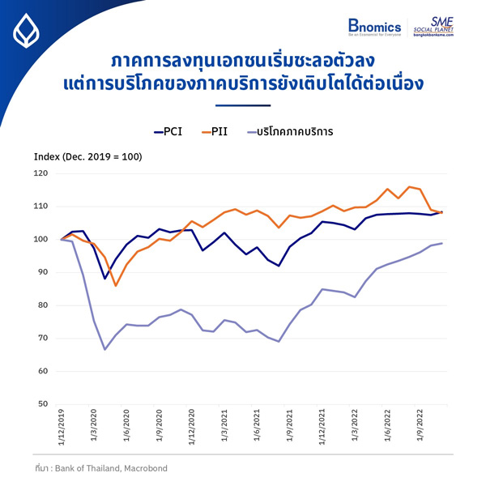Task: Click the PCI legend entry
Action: pos(168,130)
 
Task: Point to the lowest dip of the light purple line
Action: pos(104,349)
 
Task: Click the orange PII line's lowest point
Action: pos(116,285)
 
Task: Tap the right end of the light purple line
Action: pos(441,243)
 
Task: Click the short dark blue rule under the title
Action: pos(242,104)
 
